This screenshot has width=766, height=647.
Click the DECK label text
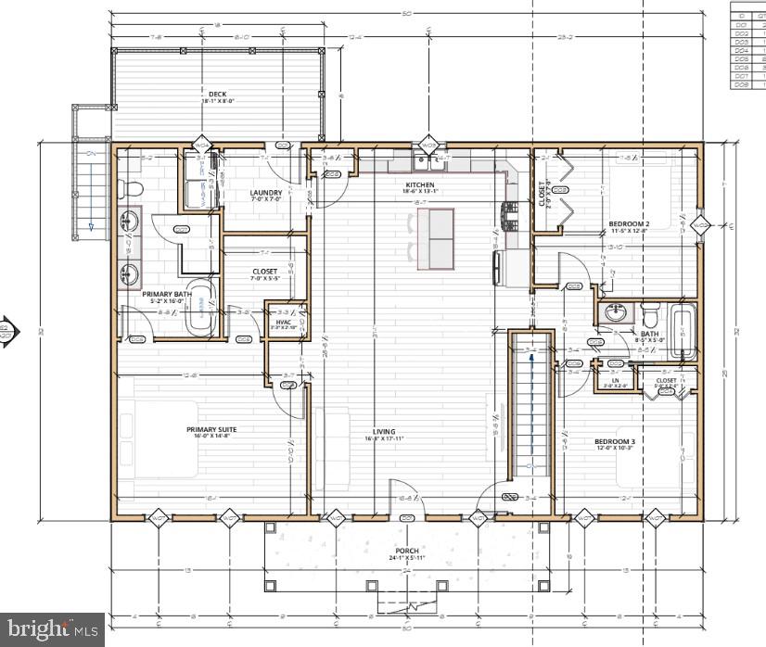[x=216, y=95]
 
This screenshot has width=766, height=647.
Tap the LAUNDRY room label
[x=265, y=194]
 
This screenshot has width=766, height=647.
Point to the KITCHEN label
[x=419, y=184]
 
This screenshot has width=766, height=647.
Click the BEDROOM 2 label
[x=628, y=223]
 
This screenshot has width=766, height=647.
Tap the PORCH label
[x=406, y=551]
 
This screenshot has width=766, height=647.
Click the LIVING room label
[x=384, y=431]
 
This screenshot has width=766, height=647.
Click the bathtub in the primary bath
[x=200, y=307]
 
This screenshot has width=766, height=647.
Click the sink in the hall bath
[x=614, y=313]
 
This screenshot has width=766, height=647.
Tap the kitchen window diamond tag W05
[x=428, y=146]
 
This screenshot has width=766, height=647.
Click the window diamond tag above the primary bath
[x=201, y=146]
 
